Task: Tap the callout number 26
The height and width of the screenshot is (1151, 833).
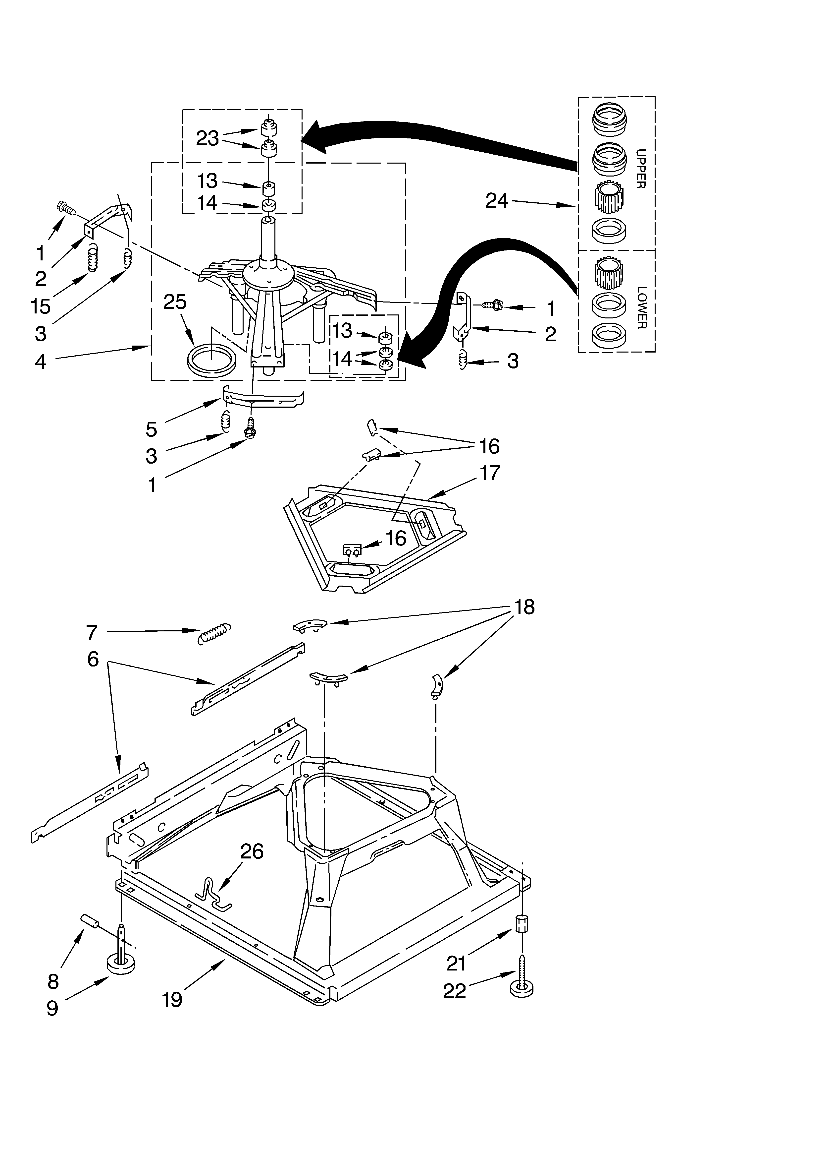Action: click(252, 851)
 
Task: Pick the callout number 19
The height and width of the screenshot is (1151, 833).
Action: click(172, 1000)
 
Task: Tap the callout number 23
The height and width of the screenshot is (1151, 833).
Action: click(207, 138)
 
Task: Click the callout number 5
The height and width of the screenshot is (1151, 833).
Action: click(151, 429)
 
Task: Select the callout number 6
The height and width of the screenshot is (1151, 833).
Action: click(93, 659)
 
